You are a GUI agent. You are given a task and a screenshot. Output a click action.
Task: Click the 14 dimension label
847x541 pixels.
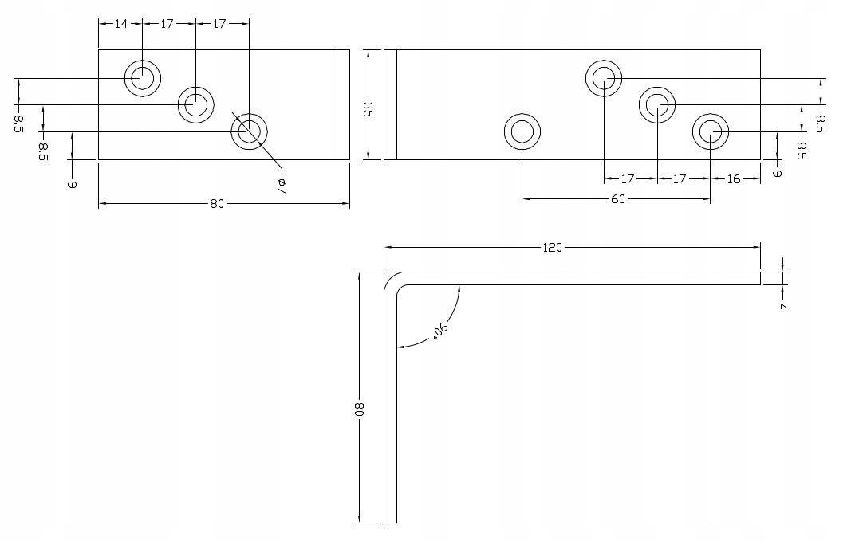click(x=121, y=24)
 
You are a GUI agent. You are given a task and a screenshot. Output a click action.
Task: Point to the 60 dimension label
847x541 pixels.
click(x=618, y=199)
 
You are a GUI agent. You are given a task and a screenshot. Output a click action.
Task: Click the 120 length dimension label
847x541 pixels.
click(x=552, y=248)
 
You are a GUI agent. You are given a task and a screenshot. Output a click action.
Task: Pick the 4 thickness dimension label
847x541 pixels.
click(x=782, y=306)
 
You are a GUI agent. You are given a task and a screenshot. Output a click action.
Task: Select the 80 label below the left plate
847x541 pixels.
click(x=216, y=204)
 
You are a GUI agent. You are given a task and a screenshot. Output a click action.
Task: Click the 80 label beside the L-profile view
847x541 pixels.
click(x=359, y=410)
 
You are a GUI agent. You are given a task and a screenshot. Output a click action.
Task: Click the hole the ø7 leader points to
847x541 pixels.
click(x=249, y=131)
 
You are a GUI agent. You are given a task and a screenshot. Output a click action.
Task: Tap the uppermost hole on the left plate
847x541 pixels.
click(x=143, y=78)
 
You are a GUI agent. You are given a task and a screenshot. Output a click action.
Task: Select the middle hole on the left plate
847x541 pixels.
click(x=195, y=104)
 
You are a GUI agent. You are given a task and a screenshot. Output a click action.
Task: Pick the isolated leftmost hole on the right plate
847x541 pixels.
click(x=522, y=131)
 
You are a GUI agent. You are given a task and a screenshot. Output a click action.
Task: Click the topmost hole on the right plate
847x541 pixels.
click(x=604, y=78)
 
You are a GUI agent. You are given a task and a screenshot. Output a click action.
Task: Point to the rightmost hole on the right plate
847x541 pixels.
click(x=710, y=131)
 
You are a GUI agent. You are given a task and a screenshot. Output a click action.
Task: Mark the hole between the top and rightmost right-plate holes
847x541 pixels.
click(x=657, y=104)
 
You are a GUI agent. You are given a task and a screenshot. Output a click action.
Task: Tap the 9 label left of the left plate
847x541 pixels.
click(x=72, y=184)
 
